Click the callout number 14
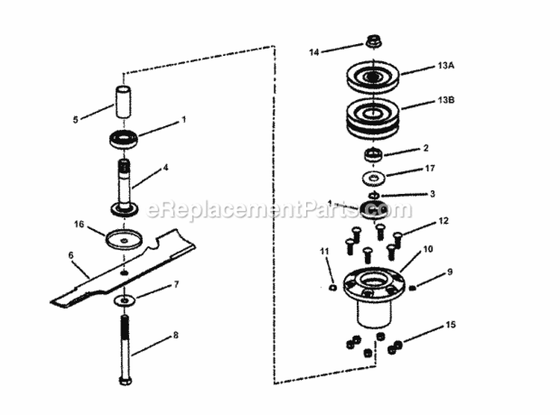tap(314, 52)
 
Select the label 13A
tap(446, 66)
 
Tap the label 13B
tap(446, 99)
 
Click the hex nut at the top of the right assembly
tap(374, 40)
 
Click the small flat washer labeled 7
tap(124, 300)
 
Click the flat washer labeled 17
tap(371, 178)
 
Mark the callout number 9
tap(449, 272)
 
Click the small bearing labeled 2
tap(373, 155)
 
